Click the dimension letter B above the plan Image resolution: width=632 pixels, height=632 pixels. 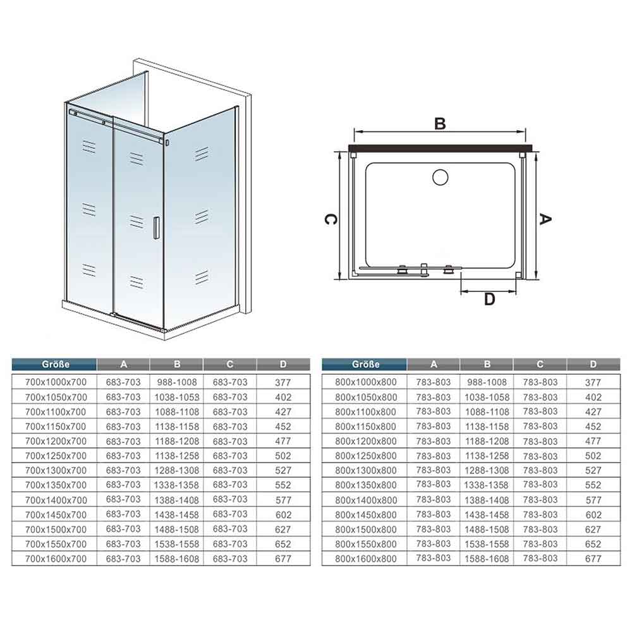click(440, 124)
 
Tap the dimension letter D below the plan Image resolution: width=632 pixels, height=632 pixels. click(489, 299)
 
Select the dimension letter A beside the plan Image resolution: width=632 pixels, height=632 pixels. click(545, 219)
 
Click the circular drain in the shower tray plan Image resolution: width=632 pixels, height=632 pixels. click(440, 178)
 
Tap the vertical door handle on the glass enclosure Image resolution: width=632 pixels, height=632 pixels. click(156, 229)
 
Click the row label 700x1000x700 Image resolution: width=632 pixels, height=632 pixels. click(56, 382)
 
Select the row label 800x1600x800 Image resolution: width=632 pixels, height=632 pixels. click(365, 559)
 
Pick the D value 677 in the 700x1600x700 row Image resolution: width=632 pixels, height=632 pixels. click(283, 559)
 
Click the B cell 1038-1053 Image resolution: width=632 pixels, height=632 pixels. click(177, 397)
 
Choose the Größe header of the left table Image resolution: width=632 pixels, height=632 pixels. click(56, 365)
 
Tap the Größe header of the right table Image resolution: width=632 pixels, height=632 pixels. click(365, 365)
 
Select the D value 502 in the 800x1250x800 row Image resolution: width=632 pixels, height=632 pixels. click(593, 456)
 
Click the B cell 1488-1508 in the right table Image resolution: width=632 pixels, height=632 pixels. click(487, 530)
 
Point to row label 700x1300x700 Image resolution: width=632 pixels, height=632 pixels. click(56, 470)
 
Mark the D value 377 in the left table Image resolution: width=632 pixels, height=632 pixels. click(283, 382)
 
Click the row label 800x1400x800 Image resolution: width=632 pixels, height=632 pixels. click(365, 500)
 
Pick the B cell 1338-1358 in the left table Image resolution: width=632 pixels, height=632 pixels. click(177, 485)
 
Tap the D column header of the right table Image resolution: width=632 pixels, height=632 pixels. click(593, 365)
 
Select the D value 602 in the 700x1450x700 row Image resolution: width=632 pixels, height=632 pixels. click(283, 514)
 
